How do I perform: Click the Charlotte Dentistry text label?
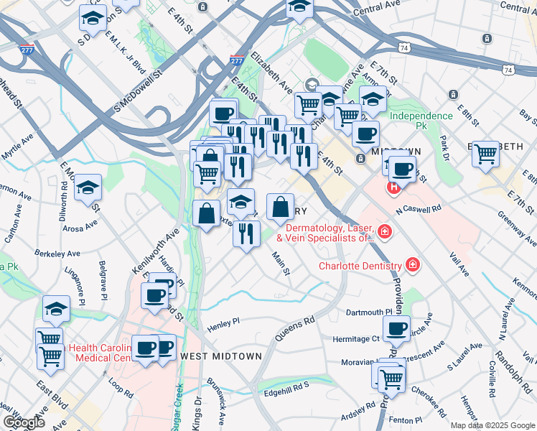pyautogui.click(x=360, y=266)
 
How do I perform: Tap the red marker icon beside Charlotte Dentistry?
pyautogui.click(x=413, y=265)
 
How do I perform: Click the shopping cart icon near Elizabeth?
pyautogui.click(x=486, y=153)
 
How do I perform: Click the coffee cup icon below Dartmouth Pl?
pyautogui.click(x=396, y=328)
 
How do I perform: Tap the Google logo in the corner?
pyautogui.click(x=24, y=422)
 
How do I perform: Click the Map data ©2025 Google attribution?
pyautogui.click(x=492, y=425)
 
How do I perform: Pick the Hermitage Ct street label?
pyautogui.click(x=355, y=338)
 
